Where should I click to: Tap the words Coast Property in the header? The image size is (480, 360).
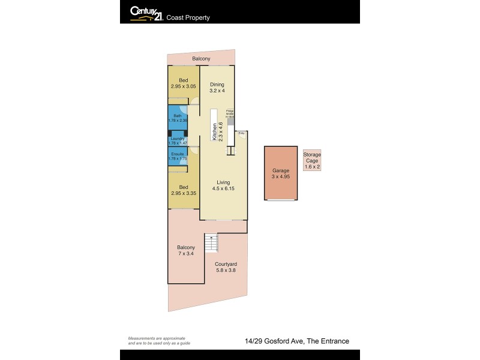pos(190,17)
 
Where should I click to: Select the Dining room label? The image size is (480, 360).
pos(217,88)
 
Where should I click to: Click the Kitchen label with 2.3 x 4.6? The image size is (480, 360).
pos(217,131)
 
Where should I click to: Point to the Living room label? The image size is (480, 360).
pos(222,185)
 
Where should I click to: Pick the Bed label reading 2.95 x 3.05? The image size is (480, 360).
pos(183,83)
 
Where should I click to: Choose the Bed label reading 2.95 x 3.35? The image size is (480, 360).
pos(183,190)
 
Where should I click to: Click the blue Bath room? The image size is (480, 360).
pos(178,118)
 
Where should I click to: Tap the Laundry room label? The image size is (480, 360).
pos(178,140)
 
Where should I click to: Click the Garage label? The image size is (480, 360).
pos(281,173)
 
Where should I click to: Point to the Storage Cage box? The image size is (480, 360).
pos(312,161)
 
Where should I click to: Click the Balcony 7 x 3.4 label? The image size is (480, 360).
pos(185,251)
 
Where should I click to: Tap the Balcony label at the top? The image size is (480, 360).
pos(201,58)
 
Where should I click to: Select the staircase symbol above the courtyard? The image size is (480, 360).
pos(211,243)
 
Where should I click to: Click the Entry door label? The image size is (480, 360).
pos(242,133)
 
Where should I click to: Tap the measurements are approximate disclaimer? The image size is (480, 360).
pos(157,341)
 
